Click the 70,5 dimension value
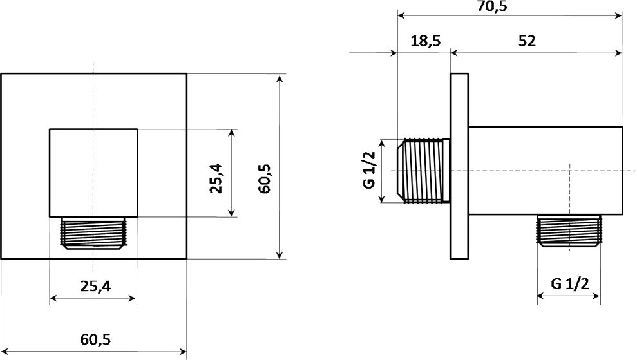click(x=492, y=6)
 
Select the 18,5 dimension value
click(x=425, y=41)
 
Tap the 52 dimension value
click(x=527, y=41)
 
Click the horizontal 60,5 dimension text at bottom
click(x=95, y=339)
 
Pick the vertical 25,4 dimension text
click(x=216, y=178)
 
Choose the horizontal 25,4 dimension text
click(x=95, y=287)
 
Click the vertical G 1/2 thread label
click(x=369, y=170)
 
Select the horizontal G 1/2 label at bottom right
click(x=570, y=283)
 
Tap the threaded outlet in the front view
click(x=93, y=232)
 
